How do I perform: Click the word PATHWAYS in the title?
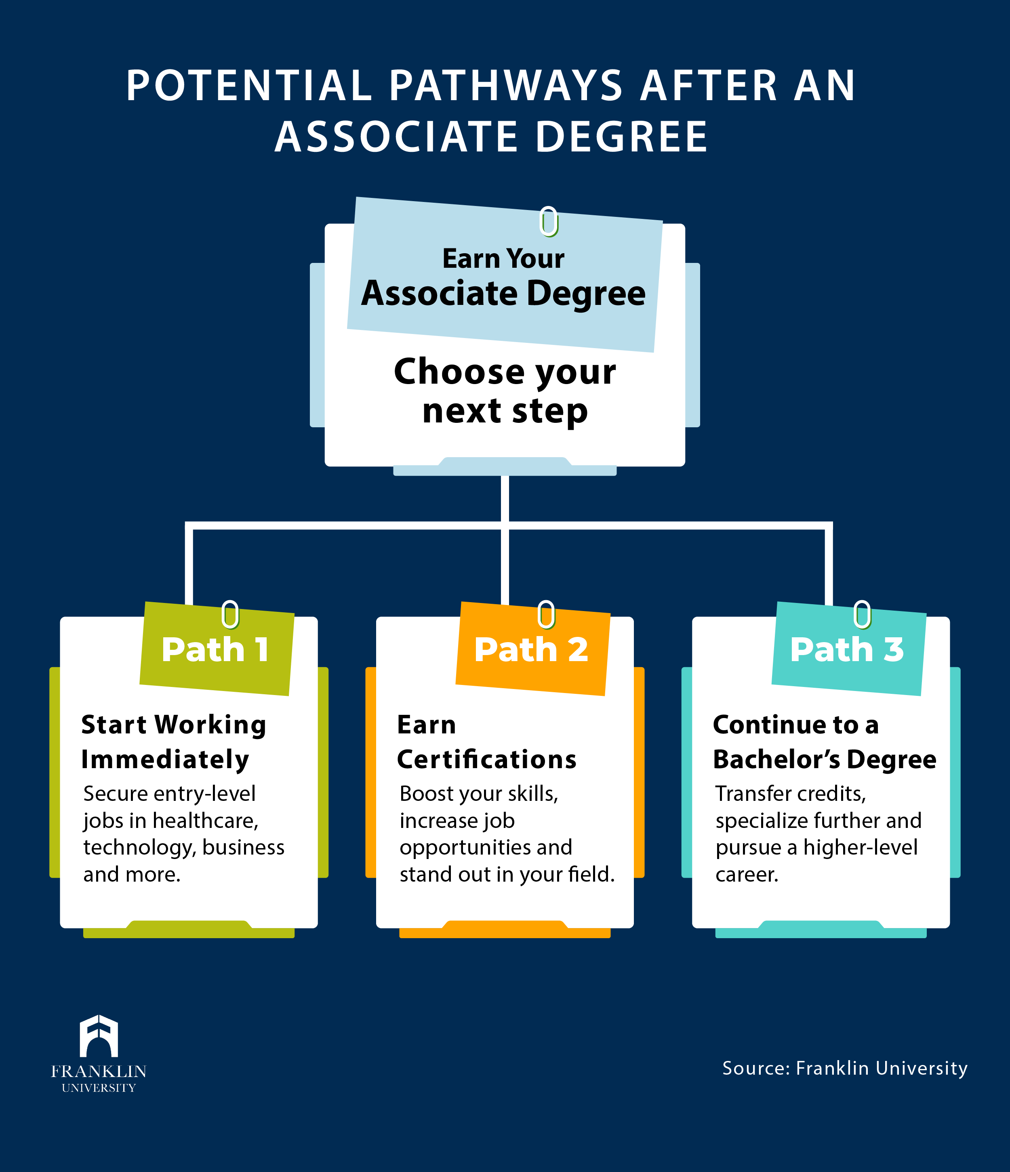506,86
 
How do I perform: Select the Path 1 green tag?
217,648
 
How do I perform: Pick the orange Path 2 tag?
532,648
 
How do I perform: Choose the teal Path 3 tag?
849,648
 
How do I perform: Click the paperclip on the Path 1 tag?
230,614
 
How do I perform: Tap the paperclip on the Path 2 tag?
546,614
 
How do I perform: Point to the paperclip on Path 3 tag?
862,614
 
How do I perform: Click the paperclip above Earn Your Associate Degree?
549,221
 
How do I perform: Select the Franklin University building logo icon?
99,1035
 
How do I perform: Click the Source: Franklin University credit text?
845,1068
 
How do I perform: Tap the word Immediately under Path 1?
165,760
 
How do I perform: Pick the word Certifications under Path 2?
486,759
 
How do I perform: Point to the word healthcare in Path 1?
205,820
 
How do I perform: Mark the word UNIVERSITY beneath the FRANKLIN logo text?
99,1088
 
